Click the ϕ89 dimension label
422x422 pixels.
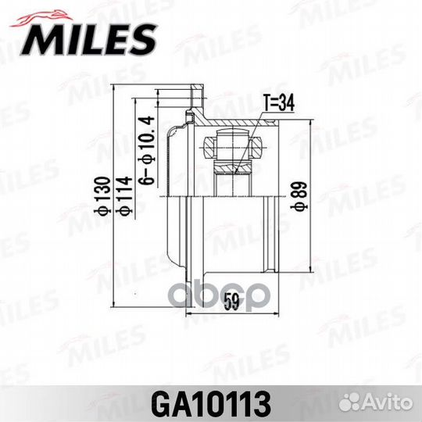pos(302,195)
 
